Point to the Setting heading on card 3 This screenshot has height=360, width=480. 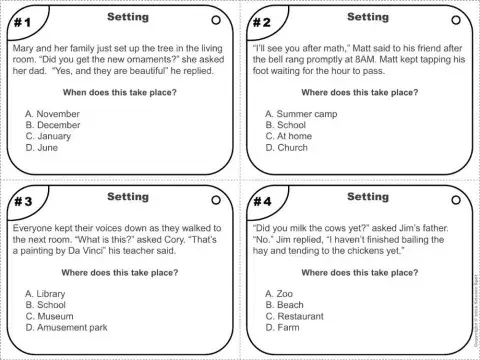click(127, 197)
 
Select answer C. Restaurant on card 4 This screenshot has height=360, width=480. click(299, 315)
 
